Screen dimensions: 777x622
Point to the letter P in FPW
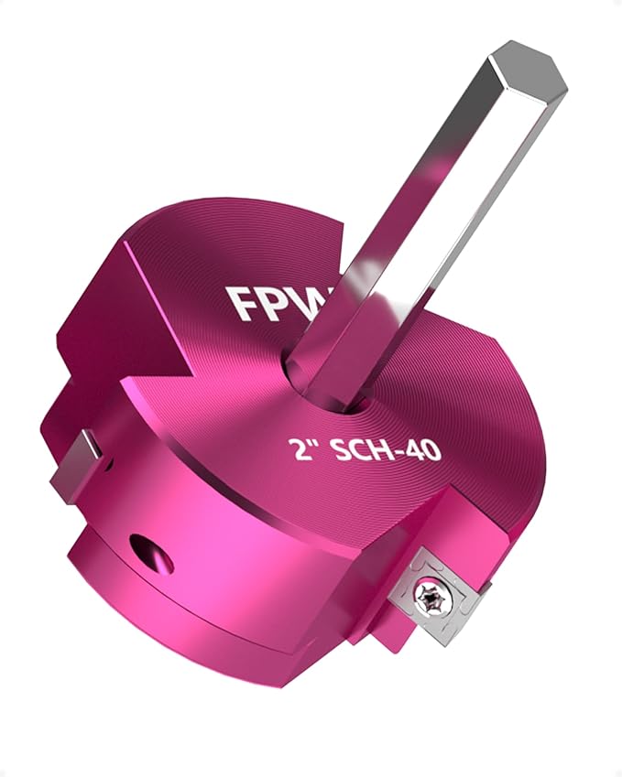pyautogui.click(x=281, y=299)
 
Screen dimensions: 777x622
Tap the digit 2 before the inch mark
pyautogui.click(x=297, y=451)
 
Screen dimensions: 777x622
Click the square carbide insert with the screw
pyautogui.click(x=431, y=595)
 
